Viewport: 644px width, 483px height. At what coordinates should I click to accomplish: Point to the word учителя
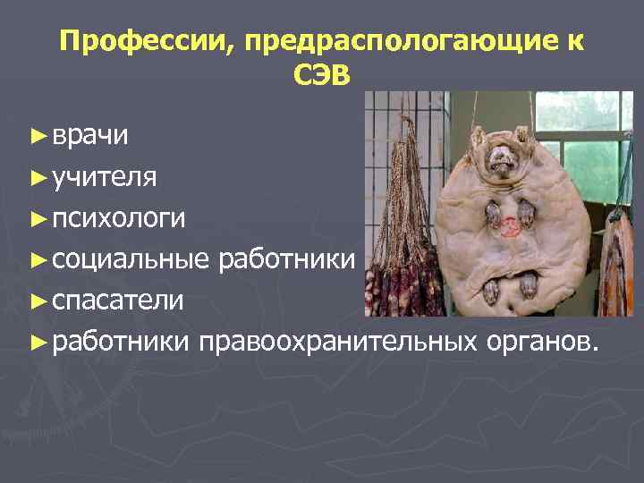click(105, 176)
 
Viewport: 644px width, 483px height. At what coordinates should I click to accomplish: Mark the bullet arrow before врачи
click(37, 136)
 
